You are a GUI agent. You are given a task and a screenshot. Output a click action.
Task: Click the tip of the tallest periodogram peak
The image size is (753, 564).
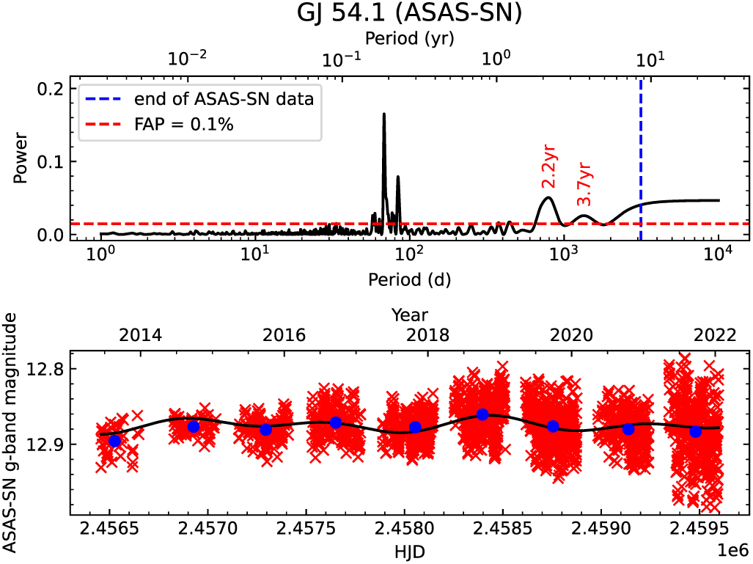pos(384,114)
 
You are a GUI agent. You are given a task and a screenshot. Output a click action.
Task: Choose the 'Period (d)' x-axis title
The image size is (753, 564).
pos(409,279)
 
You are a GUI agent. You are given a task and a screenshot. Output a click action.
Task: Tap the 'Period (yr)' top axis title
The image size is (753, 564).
pos(409,40)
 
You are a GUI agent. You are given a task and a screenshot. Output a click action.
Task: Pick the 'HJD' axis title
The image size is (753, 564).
pos(409,549)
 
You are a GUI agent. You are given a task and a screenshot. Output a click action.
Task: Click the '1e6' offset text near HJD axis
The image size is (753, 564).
pos(733,549)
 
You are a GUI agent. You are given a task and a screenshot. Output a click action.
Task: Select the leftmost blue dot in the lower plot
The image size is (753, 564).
pos(114,441)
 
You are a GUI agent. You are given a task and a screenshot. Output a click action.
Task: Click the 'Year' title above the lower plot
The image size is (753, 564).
pos(409,315)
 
